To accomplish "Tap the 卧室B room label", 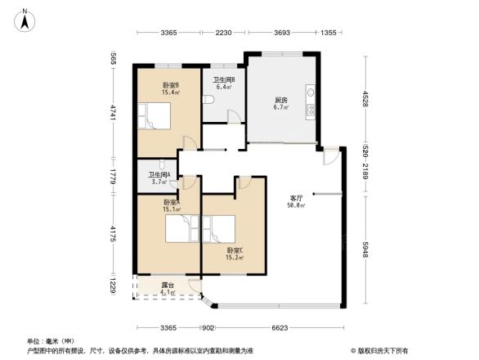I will point(171,85).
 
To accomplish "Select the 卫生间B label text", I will point(225,79).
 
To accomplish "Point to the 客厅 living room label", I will point(297,198).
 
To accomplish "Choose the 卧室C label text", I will point(235,250).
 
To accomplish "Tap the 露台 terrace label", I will point(166,285).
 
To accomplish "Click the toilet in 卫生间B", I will point(210,99).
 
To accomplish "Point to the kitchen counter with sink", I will point(311,101).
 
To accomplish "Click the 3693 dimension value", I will point(282,33).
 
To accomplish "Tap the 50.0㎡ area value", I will point(297,205).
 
